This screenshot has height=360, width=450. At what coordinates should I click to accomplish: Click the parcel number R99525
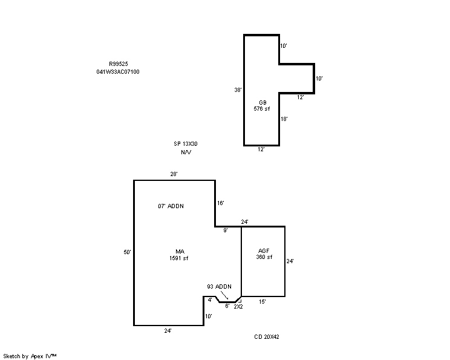[x=118, y=64]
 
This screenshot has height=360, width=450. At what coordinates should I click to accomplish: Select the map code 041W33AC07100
[x=118, y=72]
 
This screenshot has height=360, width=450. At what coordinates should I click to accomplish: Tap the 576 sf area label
[x=262, y=109]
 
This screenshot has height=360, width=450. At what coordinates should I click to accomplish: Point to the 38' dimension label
[x=238, y=90]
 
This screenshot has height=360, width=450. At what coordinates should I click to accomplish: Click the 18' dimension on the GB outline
[x=284, y=119]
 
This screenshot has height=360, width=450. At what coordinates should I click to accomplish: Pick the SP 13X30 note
[x=186, y=144]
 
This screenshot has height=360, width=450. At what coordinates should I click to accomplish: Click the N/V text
[x=186, y=152]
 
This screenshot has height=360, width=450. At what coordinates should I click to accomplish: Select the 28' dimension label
[x=174, y=174]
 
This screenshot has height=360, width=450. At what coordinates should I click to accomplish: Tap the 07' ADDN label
[x=171, y=206]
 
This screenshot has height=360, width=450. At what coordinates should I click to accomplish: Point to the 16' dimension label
[x=220, y=203]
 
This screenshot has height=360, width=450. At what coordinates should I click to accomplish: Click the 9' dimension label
[x=226, y=231]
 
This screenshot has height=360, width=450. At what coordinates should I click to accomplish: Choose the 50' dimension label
[x=127, y=252]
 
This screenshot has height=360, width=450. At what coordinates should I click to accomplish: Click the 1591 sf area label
[x=179, y=258]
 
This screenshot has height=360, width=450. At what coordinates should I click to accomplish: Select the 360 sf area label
[x=264, y=257]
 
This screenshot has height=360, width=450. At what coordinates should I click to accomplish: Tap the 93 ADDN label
[x=220, y=287]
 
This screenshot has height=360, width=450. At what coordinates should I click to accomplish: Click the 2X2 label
[x=238, y=307]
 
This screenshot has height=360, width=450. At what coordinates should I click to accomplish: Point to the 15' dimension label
[x=262, y=302]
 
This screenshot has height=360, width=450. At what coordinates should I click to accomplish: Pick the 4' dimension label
[x=210, y=300]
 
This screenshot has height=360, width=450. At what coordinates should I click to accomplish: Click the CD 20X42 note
[x=267, y=337]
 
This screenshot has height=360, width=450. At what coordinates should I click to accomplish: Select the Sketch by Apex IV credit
[x=30, y=356]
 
